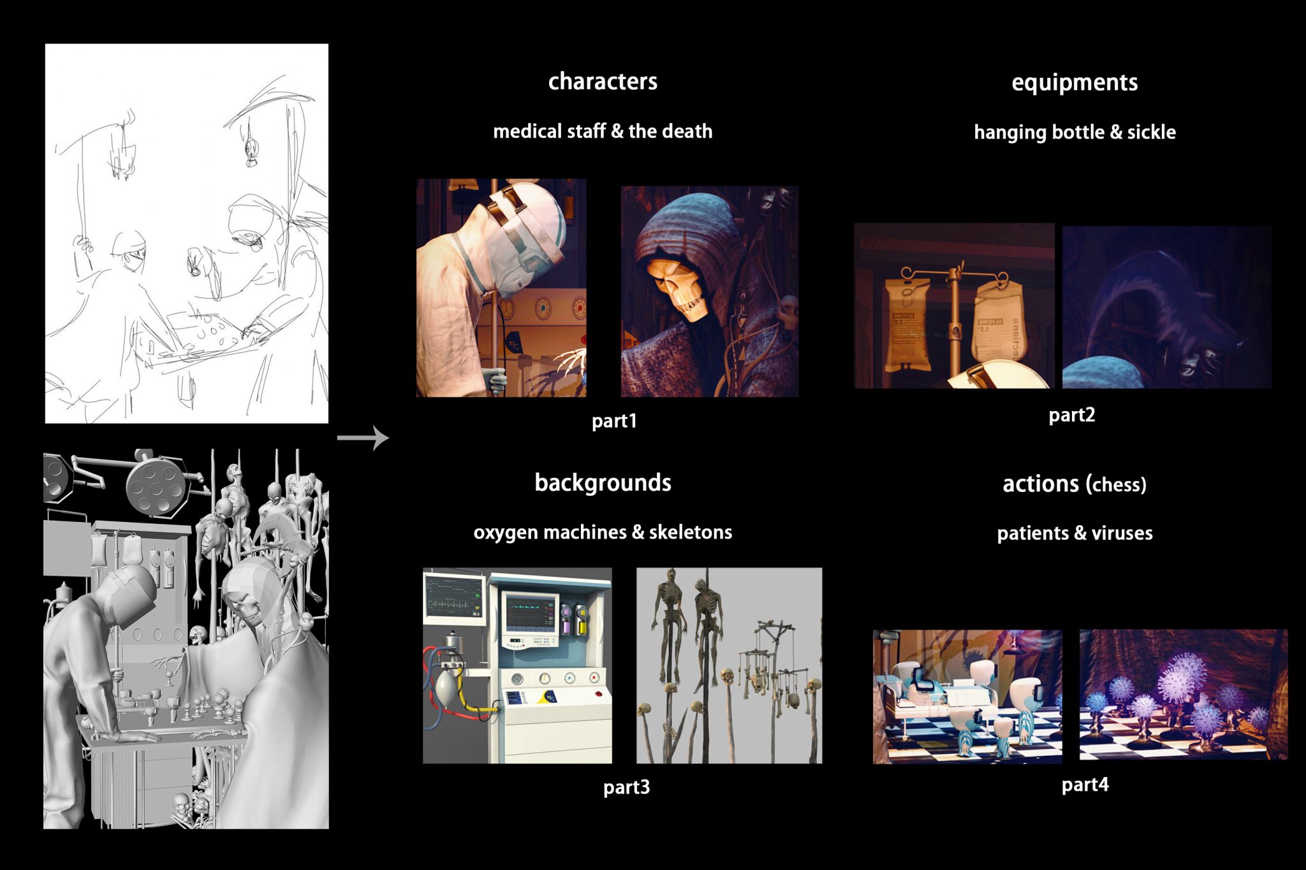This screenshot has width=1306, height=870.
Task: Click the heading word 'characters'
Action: coord(603,82)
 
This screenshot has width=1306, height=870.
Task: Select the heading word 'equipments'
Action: coord(1075,83)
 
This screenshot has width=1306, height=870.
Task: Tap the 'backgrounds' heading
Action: coord(603,482)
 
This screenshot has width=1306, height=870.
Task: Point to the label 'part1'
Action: coord(614,421)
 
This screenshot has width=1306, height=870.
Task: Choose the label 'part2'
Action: coord(1072,415)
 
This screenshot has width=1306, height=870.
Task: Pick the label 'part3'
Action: coord(626,787)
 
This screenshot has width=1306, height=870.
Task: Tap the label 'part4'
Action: coord(1085,785)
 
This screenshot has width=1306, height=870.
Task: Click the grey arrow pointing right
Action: coord(363,438)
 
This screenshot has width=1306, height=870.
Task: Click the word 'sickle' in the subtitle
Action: coord(1152,132)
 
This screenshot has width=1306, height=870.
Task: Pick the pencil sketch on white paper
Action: coord(187,233)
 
